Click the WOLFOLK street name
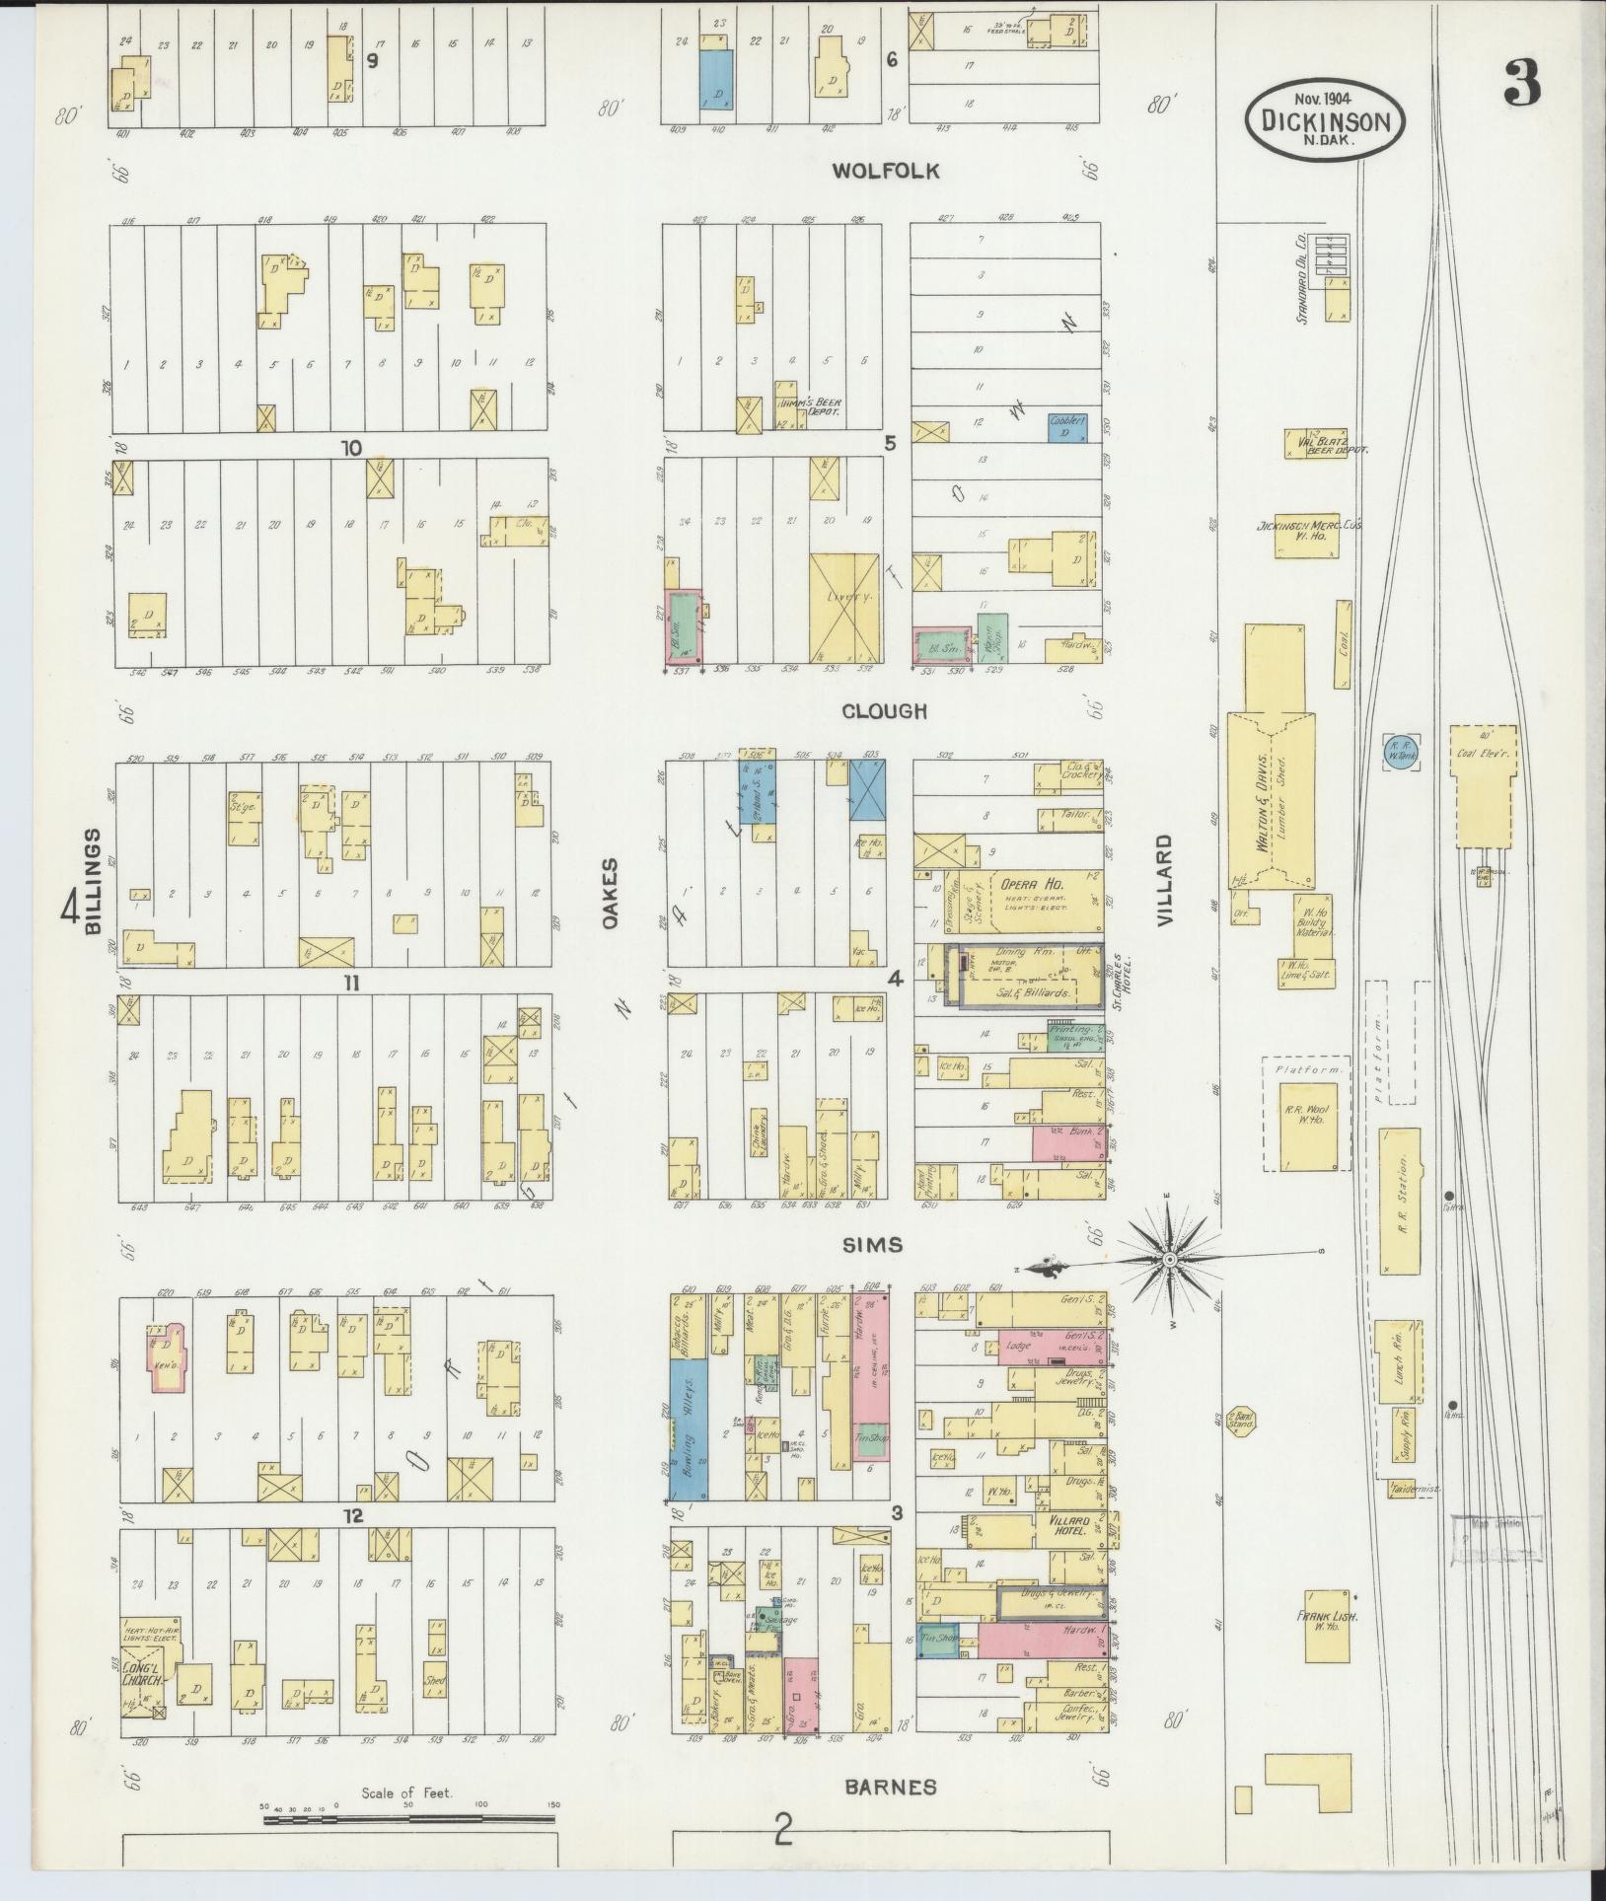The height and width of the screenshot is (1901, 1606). click(x=885, y=172)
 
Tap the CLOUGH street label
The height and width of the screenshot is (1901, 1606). click(x=885, y=711)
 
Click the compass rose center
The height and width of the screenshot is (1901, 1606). click(x=1169, y=1260)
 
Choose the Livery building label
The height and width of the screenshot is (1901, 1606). click(x=844, y=599)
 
